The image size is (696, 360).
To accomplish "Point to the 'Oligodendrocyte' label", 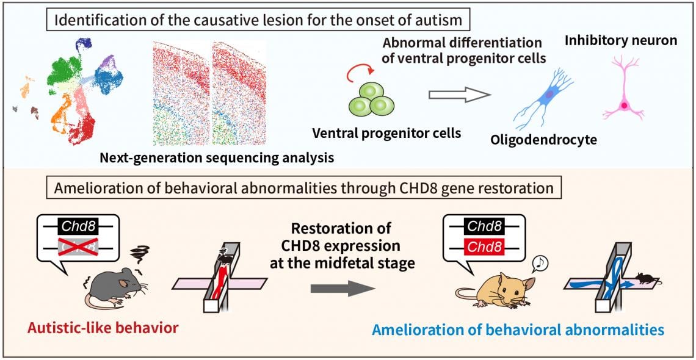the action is click(x=544, y=140).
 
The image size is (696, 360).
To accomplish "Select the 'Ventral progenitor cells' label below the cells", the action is click(x=386, y=133).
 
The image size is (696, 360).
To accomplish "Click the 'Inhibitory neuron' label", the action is click(x=621, y=41).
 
